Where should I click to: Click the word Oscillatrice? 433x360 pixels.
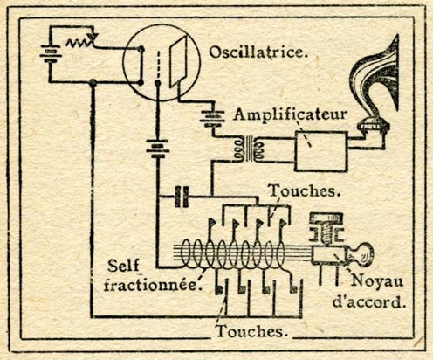(258, 52)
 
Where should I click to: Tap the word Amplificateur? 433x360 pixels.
(291, 114)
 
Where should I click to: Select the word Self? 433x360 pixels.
(123, 265)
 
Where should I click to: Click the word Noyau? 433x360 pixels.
(377, 280)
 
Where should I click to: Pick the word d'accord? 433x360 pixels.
(369, 302)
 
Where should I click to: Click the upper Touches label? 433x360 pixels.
(304, 190)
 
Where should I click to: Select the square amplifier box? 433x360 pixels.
(321, 151)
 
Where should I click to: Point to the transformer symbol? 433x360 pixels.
(249, 149)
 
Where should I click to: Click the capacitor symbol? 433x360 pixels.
(182, 197)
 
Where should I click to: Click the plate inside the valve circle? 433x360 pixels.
(178, 61)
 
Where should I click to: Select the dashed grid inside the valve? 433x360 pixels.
(158, 66)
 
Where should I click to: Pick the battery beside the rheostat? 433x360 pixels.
(51, 54)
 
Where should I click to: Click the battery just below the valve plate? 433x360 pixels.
(213, 119)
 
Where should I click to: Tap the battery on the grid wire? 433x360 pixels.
(158, 149)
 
